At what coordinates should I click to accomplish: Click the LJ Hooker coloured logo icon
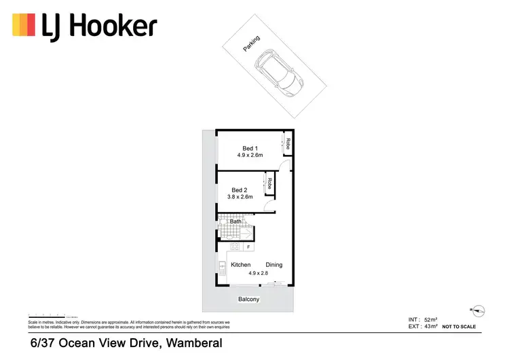[x=24, y=26]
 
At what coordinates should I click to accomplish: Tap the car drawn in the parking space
[x=278, y=71]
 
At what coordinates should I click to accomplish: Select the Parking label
[x=252, y=44]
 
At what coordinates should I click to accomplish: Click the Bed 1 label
[x=250, y=148]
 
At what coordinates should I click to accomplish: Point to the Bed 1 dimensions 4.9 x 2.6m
[x=250, y=156]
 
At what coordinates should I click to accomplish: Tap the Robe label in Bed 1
[x=288, y=143]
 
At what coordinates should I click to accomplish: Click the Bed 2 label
[x=239, y=190]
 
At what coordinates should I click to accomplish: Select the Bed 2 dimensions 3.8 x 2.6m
[x=240, y=197]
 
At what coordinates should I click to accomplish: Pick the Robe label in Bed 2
[x=269, y=183]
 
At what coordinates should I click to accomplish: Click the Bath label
[x=235, y=221]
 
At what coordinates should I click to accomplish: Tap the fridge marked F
[x=248, y=247]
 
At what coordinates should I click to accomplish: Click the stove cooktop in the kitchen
[x=235, y=247]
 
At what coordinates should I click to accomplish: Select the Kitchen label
[x=241, y=265]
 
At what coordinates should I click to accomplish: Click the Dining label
[x=274, y=265]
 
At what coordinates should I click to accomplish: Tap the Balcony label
[x=248, y=300]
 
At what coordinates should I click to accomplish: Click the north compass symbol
[x=480, y=309]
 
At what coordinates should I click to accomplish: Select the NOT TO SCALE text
[x=459, y=327]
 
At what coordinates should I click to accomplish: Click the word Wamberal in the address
[x=191, y=344]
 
